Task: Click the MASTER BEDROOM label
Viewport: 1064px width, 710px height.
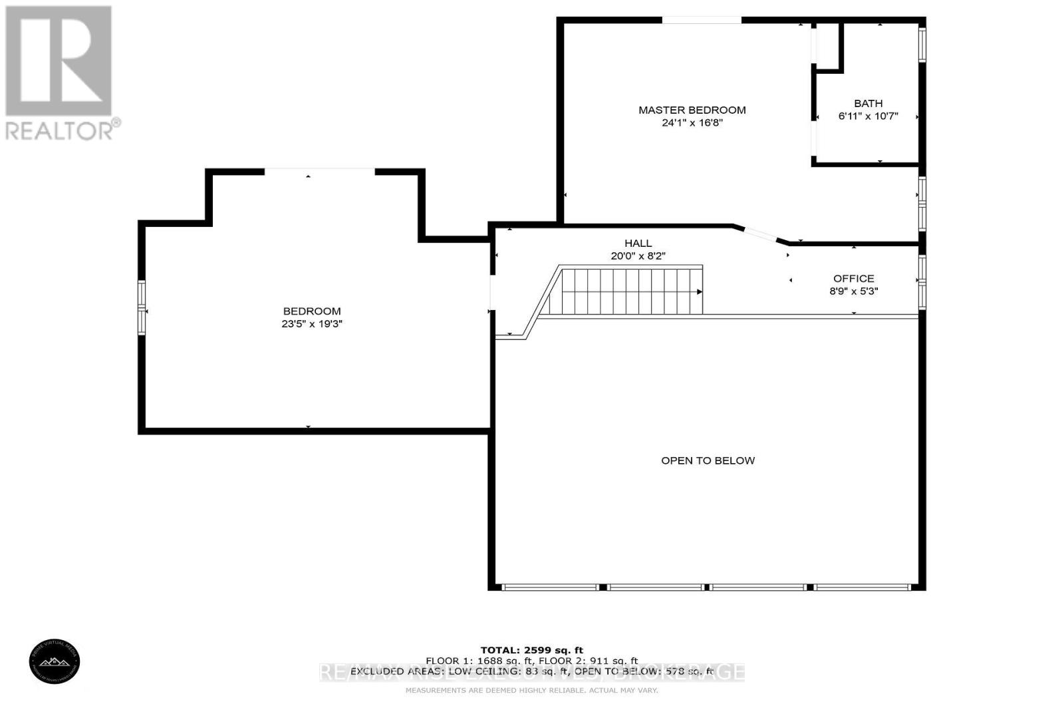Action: pos(692,110)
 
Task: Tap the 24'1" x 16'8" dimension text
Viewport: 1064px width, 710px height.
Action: pos(692,123)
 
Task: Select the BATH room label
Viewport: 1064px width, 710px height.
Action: pos(868,103)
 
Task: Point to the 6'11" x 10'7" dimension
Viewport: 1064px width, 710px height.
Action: pos(868,116)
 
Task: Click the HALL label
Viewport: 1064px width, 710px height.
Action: pos(638,244)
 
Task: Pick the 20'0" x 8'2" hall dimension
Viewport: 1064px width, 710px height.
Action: pos(638,256)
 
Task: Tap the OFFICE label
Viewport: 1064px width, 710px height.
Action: pos(853,278)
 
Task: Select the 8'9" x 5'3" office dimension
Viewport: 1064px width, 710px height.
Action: pos(853,291)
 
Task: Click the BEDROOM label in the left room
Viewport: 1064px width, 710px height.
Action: pos(311,311)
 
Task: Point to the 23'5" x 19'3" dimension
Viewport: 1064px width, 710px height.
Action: pos(311,324)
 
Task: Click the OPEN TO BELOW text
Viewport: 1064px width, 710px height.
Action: pos(708,460)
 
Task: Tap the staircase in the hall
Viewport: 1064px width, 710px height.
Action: pos(625,291)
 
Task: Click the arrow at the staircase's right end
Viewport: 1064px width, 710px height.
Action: pos(699,292)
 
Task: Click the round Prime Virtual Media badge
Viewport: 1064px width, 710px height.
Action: pos(55,661)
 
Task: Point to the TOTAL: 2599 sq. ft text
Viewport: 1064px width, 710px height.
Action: pos(531,650)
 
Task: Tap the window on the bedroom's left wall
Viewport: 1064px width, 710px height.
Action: pos(142,307)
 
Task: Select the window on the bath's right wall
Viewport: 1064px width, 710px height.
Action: pos(922,44)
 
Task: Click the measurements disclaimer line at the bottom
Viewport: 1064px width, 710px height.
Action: pos(531,691)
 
